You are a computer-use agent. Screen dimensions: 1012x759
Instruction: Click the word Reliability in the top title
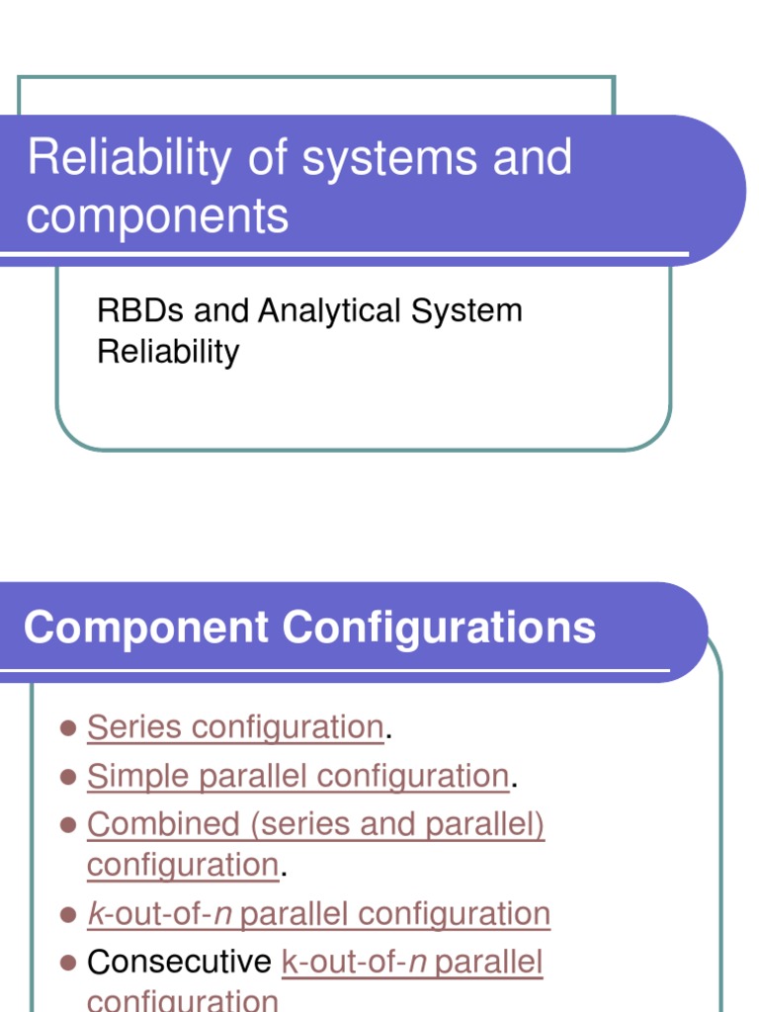[x=127, y=159]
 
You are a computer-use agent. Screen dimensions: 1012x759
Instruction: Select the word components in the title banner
[x=157, y=215]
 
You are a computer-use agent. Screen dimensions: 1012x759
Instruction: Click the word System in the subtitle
[x=466, y=312]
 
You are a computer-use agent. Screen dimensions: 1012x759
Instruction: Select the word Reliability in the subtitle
[x=168, y=352]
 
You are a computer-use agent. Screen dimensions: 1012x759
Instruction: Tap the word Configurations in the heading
[x=439, y=628]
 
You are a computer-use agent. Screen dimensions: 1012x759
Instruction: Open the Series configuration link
[x=235, y=727]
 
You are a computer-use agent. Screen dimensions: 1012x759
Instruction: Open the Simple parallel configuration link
[x=297, y=776]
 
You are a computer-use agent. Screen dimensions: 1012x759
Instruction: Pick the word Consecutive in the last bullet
[x=179, y=962]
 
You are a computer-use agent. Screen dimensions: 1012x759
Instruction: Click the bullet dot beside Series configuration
[x=68, y=728]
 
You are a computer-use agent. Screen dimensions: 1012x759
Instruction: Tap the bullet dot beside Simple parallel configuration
[x=68, y=777]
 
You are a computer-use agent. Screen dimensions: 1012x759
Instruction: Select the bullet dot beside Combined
[x=68, y=825]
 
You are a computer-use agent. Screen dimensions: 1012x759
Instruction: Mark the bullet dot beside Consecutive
[x=68, y=963]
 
